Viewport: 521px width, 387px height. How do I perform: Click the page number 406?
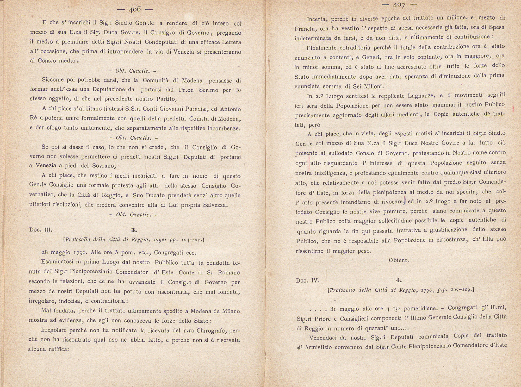point(135,9)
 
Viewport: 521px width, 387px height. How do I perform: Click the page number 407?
point(399,5)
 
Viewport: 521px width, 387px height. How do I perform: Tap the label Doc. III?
point(41,230)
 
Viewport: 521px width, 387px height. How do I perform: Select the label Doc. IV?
point(308,280)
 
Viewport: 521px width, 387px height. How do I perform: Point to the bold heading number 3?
point(134,230)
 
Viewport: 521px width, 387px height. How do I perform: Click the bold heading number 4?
point(399,280)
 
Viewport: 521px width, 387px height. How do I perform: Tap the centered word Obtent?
point(399,260)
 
